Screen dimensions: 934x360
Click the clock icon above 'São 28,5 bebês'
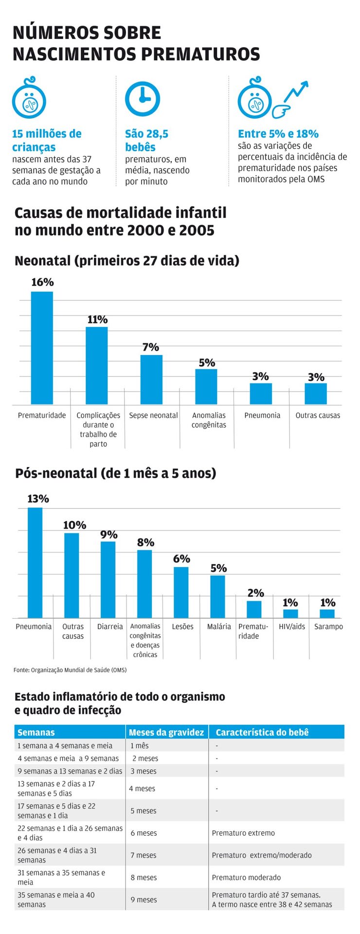click(142, 98)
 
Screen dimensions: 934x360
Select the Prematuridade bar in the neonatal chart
click(42, 348)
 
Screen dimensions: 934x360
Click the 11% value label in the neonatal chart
click(97, 320)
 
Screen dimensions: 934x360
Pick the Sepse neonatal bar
click(151, 379)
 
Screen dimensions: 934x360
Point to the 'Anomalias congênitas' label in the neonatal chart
click(209, 420)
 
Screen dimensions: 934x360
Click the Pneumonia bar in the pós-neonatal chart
click(35, 563)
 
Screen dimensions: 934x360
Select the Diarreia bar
click(108, 579)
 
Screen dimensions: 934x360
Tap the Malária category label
click(219, 627)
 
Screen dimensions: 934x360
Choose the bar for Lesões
click(181, 592)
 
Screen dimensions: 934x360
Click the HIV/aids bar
click(290, 613)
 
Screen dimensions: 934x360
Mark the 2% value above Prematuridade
click(255, 593)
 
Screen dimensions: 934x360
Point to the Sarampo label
click(328, 627)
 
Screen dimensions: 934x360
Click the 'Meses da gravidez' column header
click(166, 732)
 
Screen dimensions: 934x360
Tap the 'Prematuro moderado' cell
click(246, 878)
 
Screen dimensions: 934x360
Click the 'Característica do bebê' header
click(262, 732)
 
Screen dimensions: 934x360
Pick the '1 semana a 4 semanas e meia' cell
click(65, 746)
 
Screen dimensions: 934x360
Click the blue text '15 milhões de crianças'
click(47, 141)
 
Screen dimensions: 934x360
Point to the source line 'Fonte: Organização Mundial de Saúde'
click(70, 670)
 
